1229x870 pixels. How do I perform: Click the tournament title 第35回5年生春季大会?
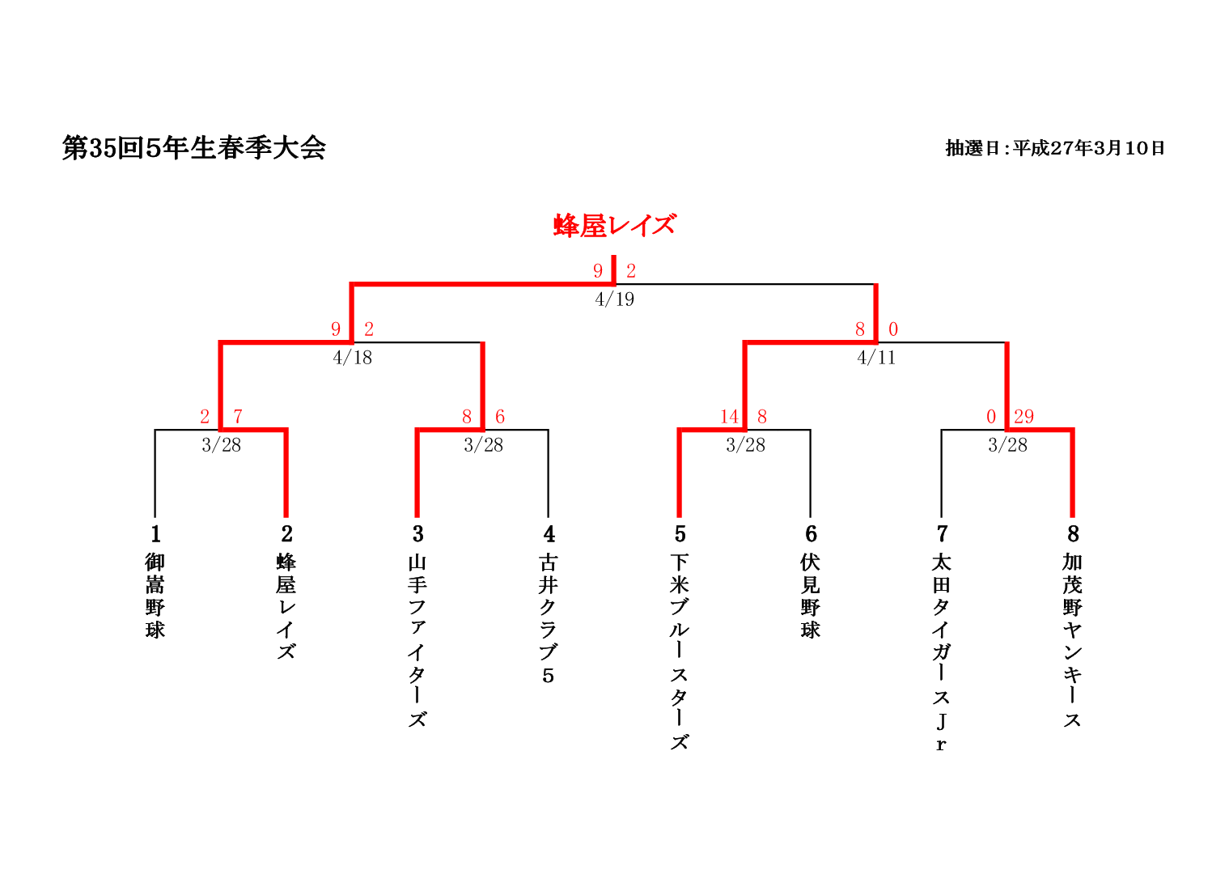[194, 148]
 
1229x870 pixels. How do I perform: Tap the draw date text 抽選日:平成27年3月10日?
[1055, 148]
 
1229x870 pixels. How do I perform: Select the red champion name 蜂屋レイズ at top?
[614, 225]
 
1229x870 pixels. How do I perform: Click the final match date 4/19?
[614, 299]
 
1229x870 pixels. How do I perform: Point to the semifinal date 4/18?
[352, 358]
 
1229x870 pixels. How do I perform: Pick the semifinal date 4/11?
[876, 358]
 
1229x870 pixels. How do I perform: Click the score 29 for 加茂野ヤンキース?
[1023, 417]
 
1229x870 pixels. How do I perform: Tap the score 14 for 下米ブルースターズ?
[729, 417]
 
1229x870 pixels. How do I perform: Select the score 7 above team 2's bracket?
[238, 417]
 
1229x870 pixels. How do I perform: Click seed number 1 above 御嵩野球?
[155, 534]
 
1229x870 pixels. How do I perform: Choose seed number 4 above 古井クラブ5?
[549, 534]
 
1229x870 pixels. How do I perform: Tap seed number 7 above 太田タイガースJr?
[942, 534]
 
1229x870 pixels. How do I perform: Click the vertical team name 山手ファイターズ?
[417, 639]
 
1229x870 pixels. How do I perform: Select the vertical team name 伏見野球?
[811, 596]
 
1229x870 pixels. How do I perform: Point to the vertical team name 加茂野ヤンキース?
[1073, 639]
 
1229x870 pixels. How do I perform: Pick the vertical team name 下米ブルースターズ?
[680, 651]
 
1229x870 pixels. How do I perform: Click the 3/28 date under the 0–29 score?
[1007, 445]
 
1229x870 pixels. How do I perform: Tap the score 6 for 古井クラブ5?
[500, 417]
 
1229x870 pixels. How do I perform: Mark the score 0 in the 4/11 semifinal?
[893, 329]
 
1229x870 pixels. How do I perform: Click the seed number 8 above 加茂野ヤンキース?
[1073, 534]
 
